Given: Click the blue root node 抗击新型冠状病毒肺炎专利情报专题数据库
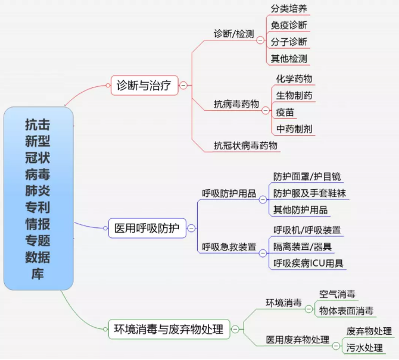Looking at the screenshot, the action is tap(39, 198).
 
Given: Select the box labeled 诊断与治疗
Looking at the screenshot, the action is tap(144, 86).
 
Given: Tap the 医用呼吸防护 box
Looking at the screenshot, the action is tap(147, 228).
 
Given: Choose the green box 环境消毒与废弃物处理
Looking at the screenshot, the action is tap(169, 329).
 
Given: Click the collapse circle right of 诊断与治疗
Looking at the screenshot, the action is tap(183, 86).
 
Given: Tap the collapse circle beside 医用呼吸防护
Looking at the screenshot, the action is tap(191, 228).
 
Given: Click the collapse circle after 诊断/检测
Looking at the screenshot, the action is tap(260, 40).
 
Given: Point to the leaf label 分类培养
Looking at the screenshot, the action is tap(289, 9).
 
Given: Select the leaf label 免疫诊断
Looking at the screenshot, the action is tap(289, 25).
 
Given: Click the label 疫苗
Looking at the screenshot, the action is tap(285, 112).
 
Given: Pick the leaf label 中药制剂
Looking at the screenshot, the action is tap(294, 129).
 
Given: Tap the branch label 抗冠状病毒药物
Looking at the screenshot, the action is tap(245, 146).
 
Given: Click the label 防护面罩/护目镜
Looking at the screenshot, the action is tap(307, 177).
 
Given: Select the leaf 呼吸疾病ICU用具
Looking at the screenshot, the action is tap(308, 264).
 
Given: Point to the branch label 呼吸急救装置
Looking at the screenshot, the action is tap(229, 247).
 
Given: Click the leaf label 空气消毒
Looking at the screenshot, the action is tap(337, 294).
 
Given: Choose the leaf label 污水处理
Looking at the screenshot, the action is tap(364, 348).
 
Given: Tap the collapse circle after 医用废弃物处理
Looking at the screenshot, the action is tap(336, 346).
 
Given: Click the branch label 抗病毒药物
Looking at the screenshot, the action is tap(236, 104).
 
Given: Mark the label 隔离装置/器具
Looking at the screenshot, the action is tap(303, 246).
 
